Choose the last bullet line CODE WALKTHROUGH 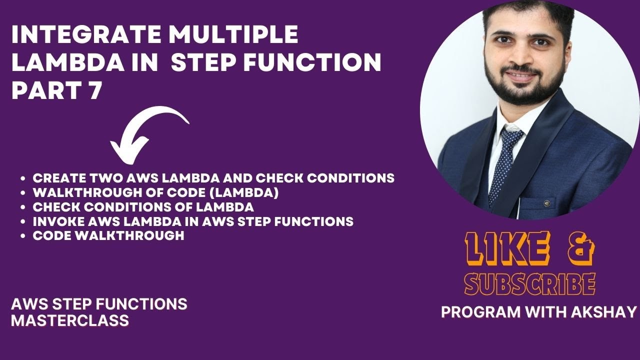pos(108,235)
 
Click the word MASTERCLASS pos(70,320)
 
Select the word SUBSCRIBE pos(530,284)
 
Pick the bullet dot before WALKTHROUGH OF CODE pos(23,192)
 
